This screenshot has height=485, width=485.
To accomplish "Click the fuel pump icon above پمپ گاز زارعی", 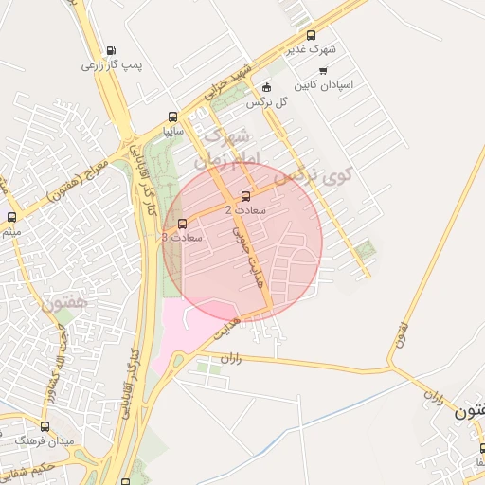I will click(x=112, y=51).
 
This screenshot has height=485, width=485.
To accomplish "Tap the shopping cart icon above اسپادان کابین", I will click(x=323, y=71).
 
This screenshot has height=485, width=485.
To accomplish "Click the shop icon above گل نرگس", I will click(x=266, y=87).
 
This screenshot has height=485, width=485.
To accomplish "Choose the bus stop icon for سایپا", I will click(x=172, y=117).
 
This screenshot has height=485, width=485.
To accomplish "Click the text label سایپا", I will click(x=172, y=132).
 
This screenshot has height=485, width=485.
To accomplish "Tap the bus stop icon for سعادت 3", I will click(x=182, y=225).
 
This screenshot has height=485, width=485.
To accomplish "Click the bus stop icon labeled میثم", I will click(x=11, y=218).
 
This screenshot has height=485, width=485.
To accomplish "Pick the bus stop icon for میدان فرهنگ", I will click(x=45, y=427).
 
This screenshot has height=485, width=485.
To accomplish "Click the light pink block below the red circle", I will click(x=189, y=336).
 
